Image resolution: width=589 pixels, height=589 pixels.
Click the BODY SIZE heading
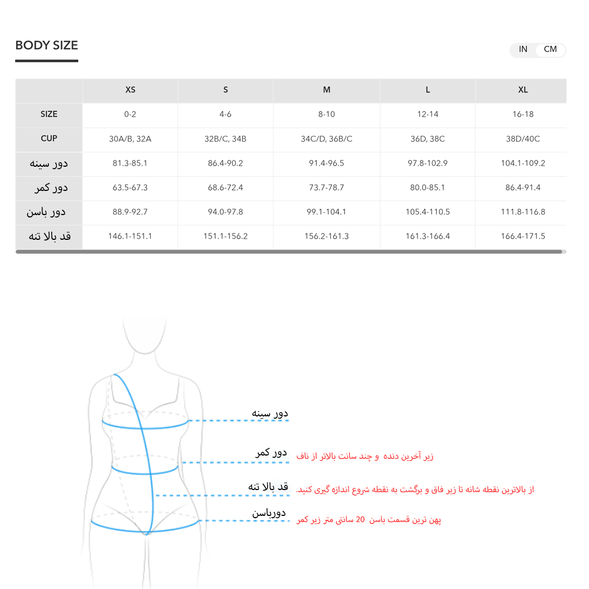click(x=47, y=45)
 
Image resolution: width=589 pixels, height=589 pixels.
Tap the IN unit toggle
click(x=523, y=49)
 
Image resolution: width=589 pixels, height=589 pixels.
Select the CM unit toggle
click(x=550, y=49)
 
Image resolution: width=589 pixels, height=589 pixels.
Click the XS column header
click(x=131, y=90)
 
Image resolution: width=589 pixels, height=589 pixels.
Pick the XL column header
click(x=522, y=90)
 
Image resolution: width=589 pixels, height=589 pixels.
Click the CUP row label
click(x=49, y=139)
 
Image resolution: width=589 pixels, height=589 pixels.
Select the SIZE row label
click(x=49, y=114)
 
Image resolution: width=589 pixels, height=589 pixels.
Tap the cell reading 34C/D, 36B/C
click(x=326, y=139)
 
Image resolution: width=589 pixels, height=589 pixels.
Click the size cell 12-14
click(x=427, y=114)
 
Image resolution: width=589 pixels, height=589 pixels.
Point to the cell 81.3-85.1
click(x=131, y=163)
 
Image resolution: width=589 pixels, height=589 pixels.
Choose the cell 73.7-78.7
click(x=326, y=188)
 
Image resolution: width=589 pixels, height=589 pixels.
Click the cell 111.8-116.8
click(x=522, y=212)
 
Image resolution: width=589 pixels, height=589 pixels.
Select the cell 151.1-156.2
click(x=225, y=236)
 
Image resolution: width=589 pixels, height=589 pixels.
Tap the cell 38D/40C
click(x=522, y=139)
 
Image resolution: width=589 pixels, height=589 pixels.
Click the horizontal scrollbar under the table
click(x=288, y=251)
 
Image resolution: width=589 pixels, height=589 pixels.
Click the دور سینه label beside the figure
click(x=270, y=413)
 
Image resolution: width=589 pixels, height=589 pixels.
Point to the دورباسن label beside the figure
click(x=269, y=512)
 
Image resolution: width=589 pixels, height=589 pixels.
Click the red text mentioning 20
click(x=369, y=520)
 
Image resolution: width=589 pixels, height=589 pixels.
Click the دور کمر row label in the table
click(x=51, y=188)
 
